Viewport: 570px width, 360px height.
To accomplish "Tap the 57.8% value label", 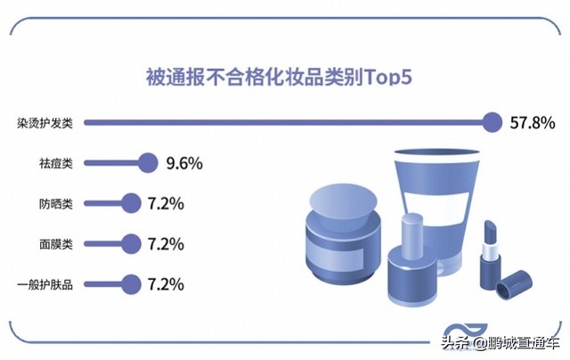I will [532, 123].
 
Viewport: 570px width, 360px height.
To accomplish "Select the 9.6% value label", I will [184, 163].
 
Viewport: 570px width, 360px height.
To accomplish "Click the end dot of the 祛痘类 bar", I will [148, 163].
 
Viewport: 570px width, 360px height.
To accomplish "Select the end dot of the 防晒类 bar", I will [131, 203].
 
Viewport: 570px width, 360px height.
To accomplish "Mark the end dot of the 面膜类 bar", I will [131, 243].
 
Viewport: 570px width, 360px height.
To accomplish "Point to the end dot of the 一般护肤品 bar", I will [131, 284].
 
